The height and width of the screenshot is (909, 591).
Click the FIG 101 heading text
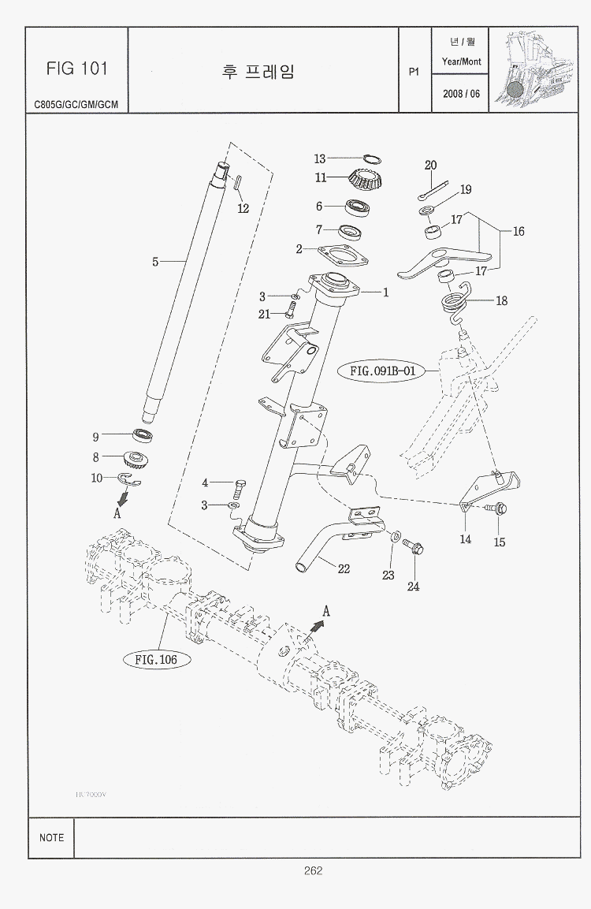76,68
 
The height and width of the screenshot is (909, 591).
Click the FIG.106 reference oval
155,659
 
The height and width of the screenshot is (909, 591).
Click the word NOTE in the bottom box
51,837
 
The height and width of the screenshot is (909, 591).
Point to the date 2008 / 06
461,93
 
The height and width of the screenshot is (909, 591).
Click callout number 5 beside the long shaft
156,262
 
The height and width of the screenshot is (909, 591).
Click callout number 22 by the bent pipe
344,568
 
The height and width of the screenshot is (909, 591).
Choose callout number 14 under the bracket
466,539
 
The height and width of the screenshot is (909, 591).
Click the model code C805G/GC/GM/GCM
76,103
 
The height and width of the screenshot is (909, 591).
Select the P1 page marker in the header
414,72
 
